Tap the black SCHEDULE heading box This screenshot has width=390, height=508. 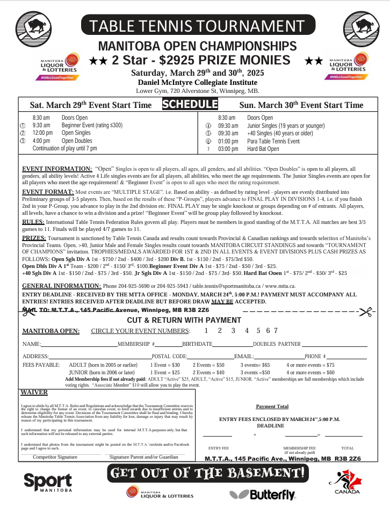[190, 104]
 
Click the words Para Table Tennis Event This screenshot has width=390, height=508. [273, 141]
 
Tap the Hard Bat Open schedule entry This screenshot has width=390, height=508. [263, 149]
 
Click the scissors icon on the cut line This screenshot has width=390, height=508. [367, 311]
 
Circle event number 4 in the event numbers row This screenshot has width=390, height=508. [247, 331]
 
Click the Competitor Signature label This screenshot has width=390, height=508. [55, 457]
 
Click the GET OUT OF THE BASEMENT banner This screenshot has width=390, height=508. [208, 473]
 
